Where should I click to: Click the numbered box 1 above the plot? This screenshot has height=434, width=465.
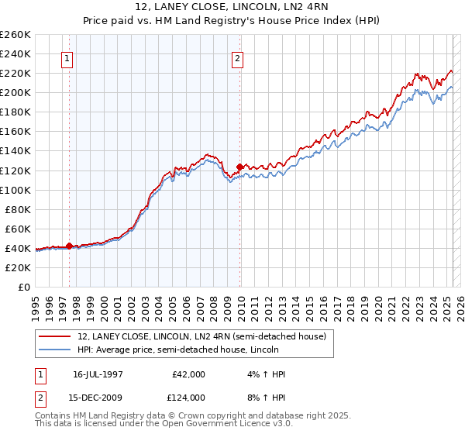point(68,59)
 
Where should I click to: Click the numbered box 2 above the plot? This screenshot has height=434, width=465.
point(237,59)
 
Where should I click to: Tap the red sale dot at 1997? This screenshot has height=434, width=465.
point(70,246)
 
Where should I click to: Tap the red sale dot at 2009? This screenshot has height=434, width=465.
point(239,166)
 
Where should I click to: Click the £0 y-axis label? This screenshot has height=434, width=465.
point(24,287)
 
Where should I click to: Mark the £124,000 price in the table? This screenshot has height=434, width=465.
point(188,398)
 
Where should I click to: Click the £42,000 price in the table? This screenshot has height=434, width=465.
point(188,374)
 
